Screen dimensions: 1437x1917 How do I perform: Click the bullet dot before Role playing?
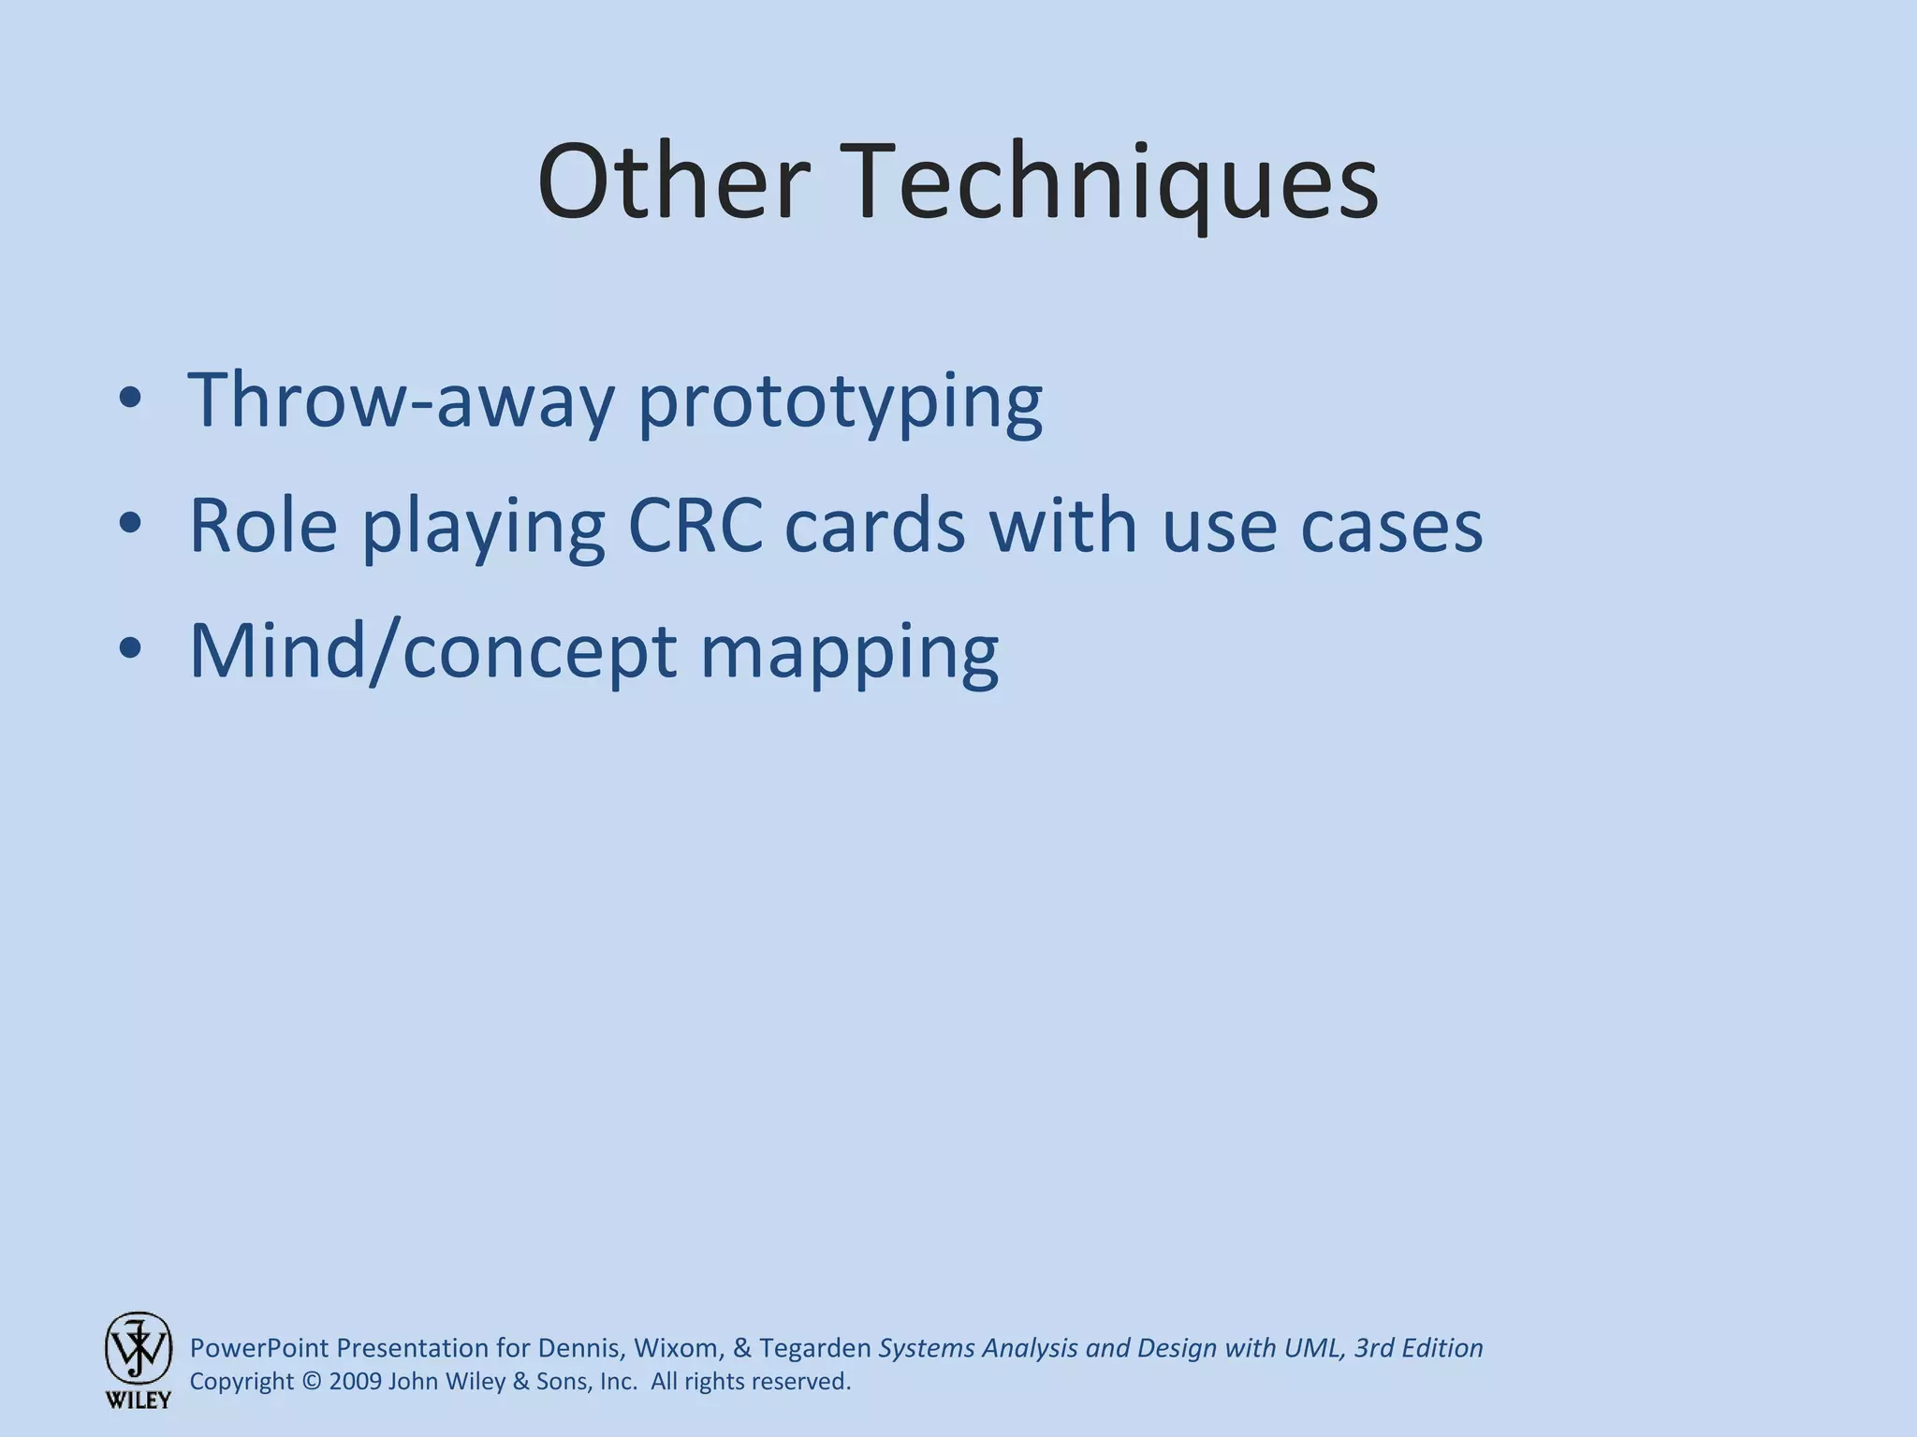pyautogui.click(x=130, y=526)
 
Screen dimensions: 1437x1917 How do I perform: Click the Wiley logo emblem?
pyautogui.click(x=138, y=1348)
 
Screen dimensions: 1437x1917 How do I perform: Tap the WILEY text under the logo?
pyautogui.click(x=138, y=1401)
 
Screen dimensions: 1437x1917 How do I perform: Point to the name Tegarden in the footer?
pyautogui.click(x=814, y=1348)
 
